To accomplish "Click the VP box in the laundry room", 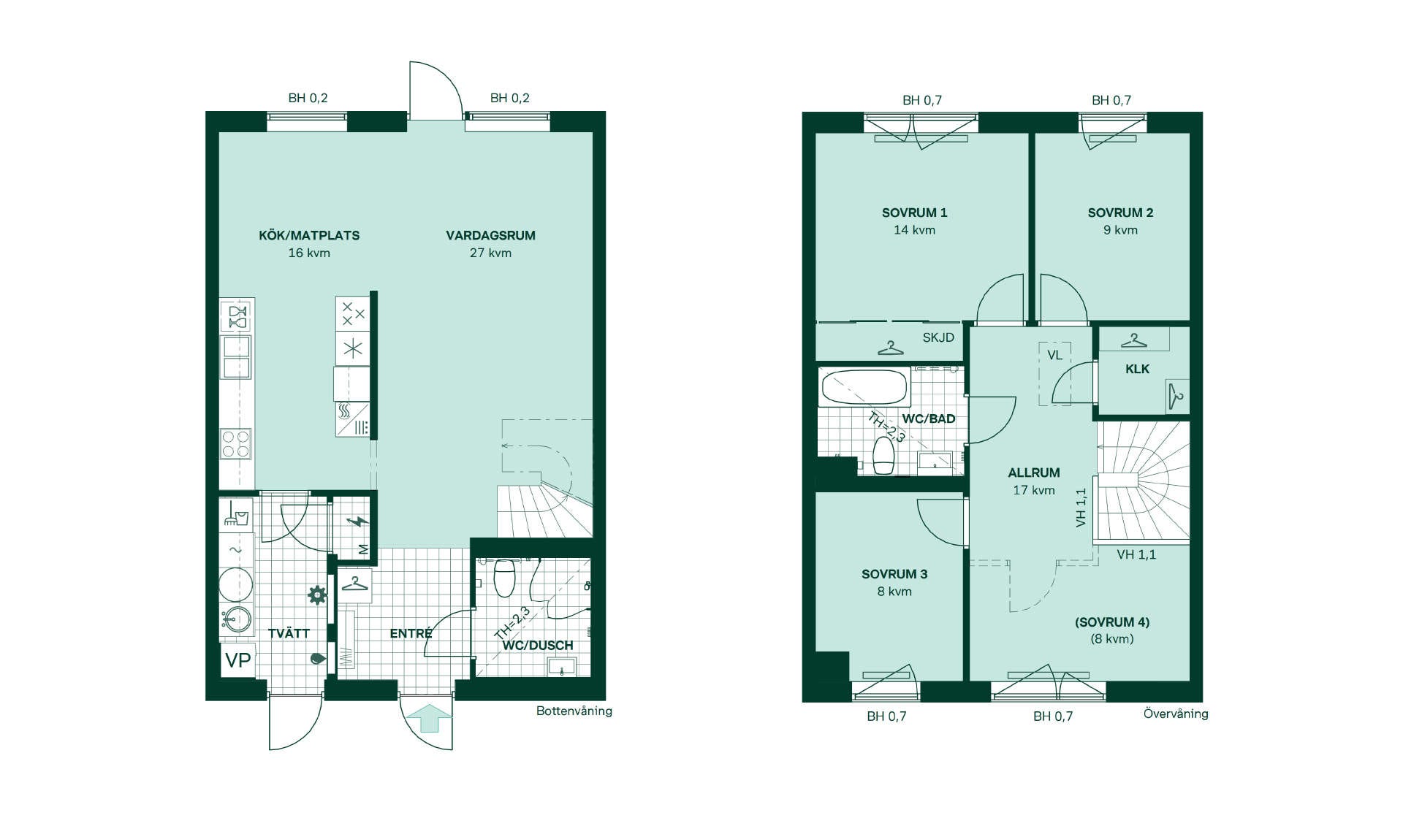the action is (x=237, y=660).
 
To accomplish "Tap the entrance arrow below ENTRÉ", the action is (x=429, y=718).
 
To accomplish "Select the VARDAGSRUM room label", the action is (x=490, y=235).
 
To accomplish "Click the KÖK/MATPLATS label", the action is (x=309, y=235).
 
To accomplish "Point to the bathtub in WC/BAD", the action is (x=864, y=387).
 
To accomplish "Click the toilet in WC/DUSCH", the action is (x=505, y=577).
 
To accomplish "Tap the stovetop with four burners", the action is (x=236, y=444).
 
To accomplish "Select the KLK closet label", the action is (x=1137, y=369).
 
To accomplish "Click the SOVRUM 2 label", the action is (x=1120, y=213).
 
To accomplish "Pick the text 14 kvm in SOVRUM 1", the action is (x=914, y=230).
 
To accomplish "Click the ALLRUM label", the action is (x=1034, y=473).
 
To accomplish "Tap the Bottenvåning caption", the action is (x=574, y=711).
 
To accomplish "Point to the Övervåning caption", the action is (x=1176, y=714).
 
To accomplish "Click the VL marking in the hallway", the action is (x=1054, y=355).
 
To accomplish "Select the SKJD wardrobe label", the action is (x=938, y=337).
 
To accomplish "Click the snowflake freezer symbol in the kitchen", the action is (x=353, y=348).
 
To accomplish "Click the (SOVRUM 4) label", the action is (x=1112, y=622).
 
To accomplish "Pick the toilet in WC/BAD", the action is (x=883, y=455).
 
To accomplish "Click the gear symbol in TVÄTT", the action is (x=316, y=595).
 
